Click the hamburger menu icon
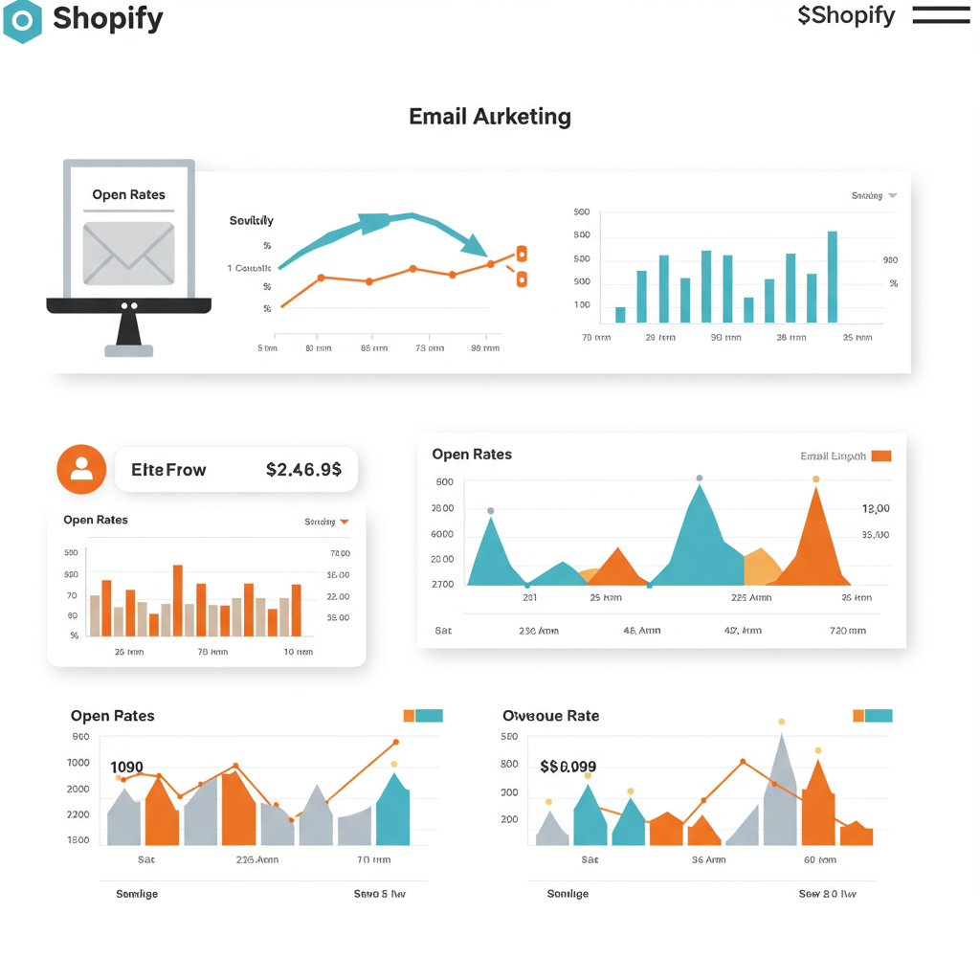point(941,15)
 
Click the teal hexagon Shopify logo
point(22,20)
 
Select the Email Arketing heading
point(489,117)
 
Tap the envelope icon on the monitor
point(128,253)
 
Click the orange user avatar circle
point(81,469)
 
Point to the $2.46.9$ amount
point(303,469)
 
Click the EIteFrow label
point(168,470)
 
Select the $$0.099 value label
point(568,767)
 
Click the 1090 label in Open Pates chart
point(126,768)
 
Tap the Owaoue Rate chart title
point(550,716)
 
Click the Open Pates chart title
point(112,716)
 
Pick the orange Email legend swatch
point(881,456)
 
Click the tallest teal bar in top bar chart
point(832,277)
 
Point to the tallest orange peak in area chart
point(815,536)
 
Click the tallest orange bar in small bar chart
point(177,600)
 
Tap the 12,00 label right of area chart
point(876,509)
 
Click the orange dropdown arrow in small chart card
point(345,522)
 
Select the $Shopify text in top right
point(846,15)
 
